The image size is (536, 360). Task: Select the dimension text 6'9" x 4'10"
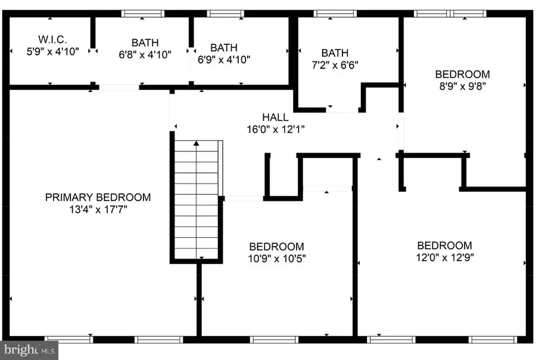pyautogui.click(x=223, y=59)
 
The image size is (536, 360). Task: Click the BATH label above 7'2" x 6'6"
pyautogui.click(x=335, y=52)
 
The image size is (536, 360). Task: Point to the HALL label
pyautogui.click(x=275, y=117)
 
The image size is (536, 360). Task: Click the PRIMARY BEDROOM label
pyautogui.click(x=98, y=197)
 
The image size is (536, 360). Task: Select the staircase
pyautogui.click(x=197, y=200)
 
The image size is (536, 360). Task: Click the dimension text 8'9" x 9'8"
pyautogui.click(x=462, y=86)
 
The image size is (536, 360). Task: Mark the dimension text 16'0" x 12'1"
pyautogui.click(x=275, y=129)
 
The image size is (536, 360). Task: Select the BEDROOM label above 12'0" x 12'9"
pyautogui.click(x=444, y=246)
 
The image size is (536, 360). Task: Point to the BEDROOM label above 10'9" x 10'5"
pyautogui.click(x=276, y=247)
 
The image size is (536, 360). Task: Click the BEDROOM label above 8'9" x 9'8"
pyautogui.click(x=462, y=75)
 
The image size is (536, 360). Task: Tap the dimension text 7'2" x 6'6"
pyautogui.click(x=335, y=64)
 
